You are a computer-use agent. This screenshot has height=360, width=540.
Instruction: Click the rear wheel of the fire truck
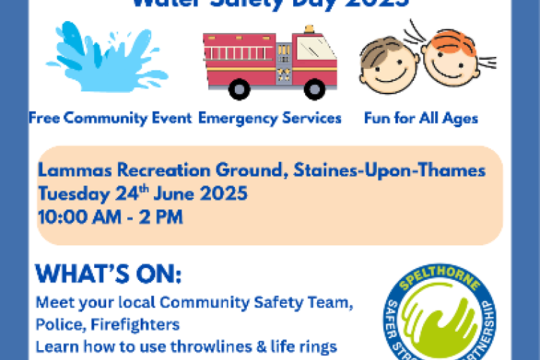(x=239, y=89)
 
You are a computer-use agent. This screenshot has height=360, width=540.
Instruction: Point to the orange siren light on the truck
(x=309, y=30)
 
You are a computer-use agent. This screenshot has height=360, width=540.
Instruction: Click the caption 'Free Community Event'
(x=110, y=118)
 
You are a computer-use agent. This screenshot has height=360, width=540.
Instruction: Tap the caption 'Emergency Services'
(x=270, y=118)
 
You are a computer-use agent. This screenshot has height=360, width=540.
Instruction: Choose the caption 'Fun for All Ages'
(x=420, y=118)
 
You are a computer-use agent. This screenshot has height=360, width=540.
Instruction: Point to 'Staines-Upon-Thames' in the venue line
(x=390, y=170)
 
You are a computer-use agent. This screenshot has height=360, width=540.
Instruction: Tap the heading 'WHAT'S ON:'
(x=108, y=274)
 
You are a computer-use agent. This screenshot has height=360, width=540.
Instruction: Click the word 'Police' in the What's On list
(x=55, y=325)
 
